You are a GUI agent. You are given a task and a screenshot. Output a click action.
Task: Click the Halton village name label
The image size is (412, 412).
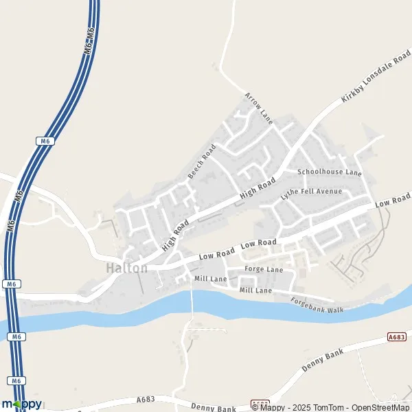tap(127, 268)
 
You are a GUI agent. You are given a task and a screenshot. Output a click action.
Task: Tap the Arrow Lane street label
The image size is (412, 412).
tap(258, 108)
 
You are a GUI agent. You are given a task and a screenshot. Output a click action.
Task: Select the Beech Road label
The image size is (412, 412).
tap(202, 161)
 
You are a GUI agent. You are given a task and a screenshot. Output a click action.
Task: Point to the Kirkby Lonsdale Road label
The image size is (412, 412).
tap(371, 78)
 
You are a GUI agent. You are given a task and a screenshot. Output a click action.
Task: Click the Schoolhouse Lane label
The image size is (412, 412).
tap(329, 172)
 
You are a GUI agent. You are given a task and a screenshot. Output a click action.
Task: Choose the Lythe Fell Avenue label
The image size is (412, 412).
tap(310, 192)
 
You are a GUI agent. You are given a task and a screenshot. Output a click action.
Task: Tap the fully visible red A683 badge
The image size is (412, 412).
tap(396, 336)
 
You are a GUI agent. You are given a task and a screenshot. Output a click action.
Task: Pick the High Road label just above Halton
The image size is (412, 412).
tap(175, 236)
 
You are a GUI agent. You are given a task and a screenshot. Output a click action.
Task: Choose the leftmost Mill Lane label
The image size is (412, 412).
tap(210, 279)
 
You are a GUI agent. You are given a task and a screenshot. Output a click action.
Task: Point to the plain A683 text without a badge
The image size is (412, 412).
tap(146, 400)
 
